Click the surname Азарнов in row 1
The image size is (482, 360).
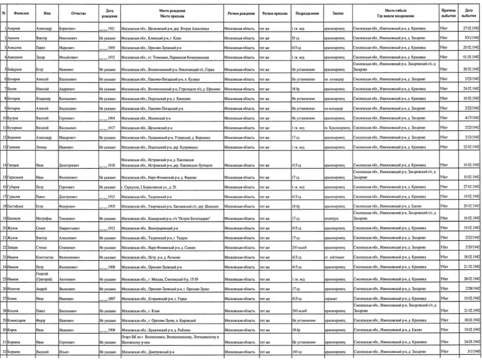[17, 29]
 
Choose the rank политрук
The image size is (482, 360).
[333, 218]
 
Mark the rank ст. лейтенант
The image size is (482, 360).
[337, 257]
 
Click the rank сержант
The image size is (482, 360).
[332, 298]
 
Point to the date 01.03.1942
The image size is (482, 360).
[470, 57]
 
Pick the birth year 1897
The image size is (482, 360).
[108, 298]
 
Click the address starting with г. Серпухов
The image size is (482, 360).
[149, 187]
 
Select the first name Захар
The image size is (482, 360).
[42, 57]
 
